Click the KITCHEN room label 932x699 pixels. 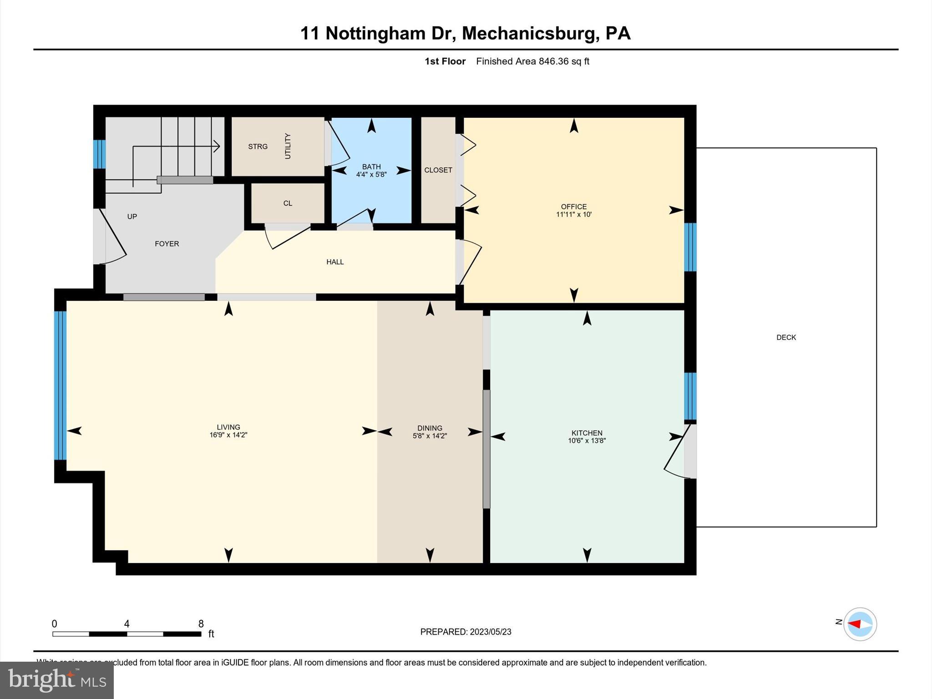coord(587,433)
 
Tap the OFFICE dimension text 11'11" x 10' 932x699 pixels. coord(573,214)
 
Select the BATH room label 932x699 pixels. coord(371,167)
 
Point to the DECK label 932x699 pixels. coord(786,337)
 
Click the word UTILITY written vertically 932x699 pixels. coord(288,146)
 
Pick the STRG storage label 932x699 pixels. coord(258,147)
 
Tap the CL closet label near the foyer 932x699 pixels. coord(288,203)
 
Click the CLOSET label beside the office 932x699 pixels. coord(438,170)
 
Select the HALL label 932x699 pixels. coord(335,262)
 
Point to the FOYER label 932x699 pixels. coord(167,244)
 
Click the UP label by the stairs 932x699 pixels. coord(132,217)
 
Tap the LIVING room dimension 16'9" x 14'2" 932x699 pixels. coord(228,435)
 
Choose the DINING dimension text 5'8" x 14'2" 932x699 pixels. coord(430,436)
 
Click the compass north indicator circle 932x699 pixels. coord(860,624)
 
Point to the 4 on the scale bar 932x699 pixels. coord(127,624)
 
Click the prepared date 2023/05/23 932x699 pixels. coord(491,632)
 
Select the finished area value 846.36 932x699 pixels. coord(553,61)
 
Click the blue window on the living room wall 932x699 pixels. coord(60,385)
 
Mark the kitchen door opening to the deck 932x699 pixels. coord(690,451)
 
